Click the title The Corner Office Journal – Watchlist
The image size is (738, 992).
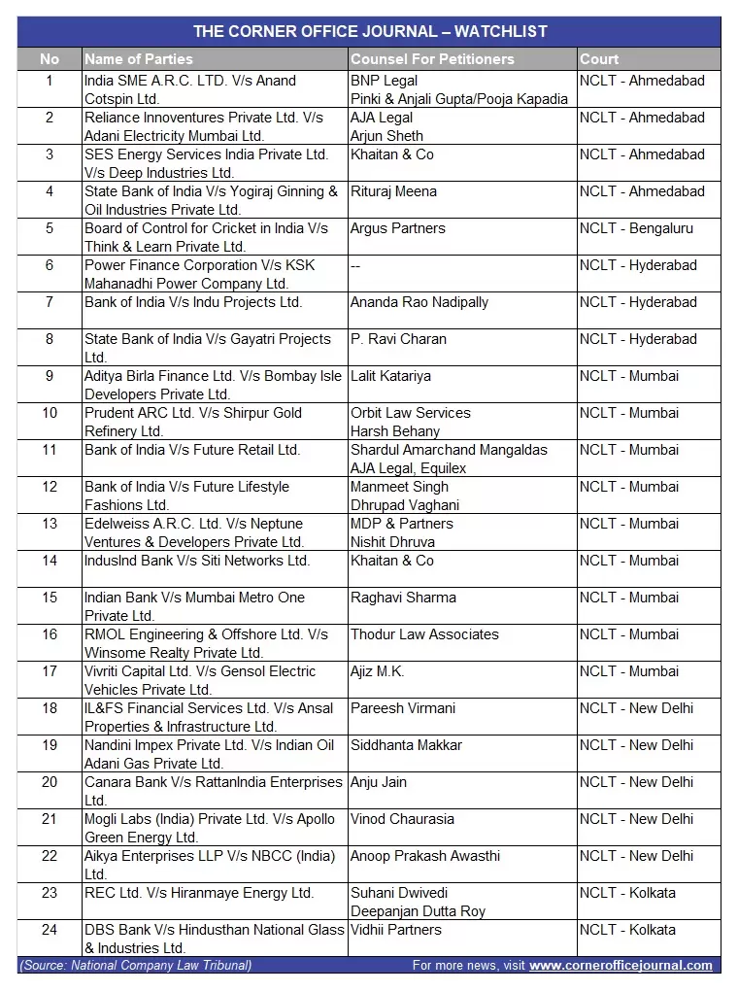click(x=370, y=31)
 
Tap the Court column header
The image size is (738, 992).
click(x=599, y=59)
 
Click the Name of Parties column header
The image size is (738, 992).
click(x=139, y=59)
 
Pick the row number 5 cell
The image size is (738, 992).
click(x=50, y=228)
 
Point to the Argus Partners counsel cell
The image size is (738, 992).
click(x=398, y=228)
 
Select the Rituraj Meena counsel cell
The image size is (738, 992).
click(x=393, y=191)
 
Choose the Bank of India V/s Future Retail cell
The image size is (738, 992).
click(x=192, y=450)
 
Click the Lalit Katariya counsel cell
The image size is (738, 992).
click(x=390, y=376)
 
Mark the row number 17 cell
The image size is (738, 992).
click(x=50, y=671)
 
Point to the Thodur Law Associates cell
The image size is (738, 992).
click(x=424, y=634)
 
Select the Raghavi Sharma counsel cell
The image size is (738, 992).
click(x=403, y=598)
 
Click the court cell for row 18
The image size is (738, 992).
click(x=636, y=708)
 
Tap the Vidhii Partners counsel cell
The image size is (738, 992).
click(x=396, y=930)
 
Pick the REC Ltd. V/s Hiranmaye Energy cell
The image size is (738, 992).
click(x=199, y=893)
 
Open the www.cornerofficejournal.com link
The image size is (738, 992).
click(x=621, y=966)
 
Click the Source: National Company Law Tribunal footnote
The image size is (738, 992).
click(x=136, y=966)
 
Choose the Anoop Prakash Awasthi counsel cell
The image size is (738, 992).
click(x=425, y=856)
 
